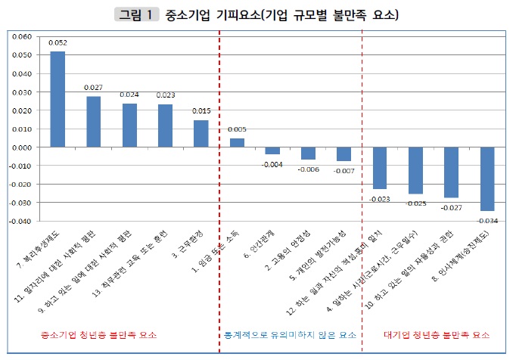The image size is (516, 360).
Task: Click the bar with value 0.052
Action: coord(58,99)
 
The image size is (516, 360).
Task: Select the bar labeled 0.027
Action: coord(93,122)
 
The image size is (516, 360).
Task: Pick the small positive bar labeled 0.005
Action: coord(237,143)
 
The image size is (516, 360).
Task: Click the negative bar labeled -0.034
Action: coord(486,178)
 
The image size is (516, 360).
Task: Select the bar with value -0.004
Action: coord(272,151)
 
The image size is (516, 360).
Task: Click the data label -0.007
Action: coord(344,170)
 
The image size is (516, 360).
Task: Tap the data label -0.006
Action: coord(309,168)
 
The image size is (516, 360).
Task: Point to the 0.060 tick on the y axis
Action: coord(22,36)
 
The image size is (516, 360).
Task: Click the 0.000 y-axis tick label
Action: coord(22,147)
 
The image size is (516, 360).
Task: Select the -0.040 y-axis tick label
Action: coord(20,222)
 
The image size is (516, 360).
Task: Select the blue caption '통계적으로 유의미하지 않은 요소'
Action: coord(288,334)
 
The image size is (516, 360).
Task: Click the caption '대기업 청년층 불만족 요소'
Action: coord(437,334)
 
